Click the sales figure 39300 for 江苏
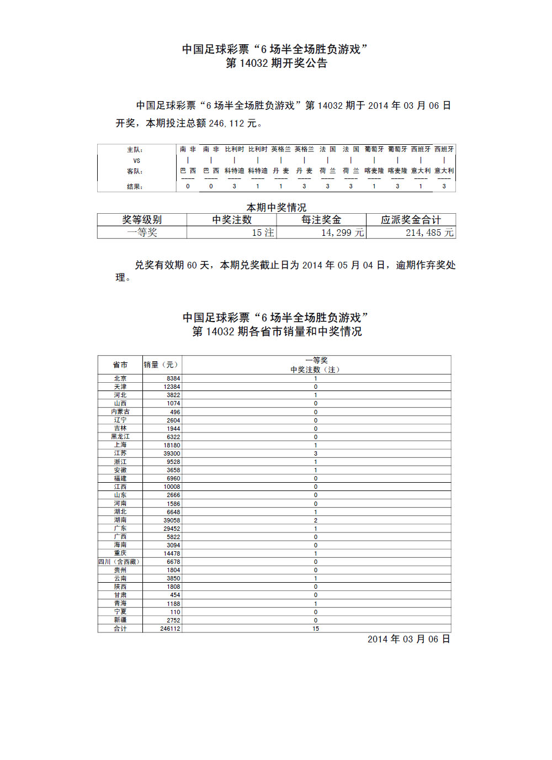tap(172, 453)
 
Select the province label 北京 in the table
tap(120, 378)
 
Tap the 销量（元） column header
tap(161, 365)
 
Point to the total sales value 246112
tap(170, 629)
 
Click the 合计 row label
tap(120, 629)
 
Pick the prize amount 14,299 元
tap(342, 233)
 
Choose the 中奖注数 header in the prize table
tap(232, 220)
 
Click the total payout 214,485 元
tap(429, 233)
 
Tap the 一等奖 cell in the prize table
tap(142, 233)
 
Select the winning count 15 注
tap(263, 233)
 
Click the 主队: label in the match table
tap(135, 150)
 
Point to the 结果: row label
tap(135, 187)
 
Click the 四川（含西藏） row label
tap(119, 562)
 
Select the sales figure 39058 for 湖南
tap(172, 520)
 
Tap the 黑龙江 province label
tap(120, 437)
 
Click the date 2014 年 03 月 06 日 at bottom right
tap(408, 639)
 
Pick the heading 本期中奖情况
tap(276, 207)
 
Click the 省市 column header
tap(120, 365)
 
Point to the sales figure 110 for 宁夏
tap(175, 612)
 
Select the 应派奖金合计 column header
tap(411, 220)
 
